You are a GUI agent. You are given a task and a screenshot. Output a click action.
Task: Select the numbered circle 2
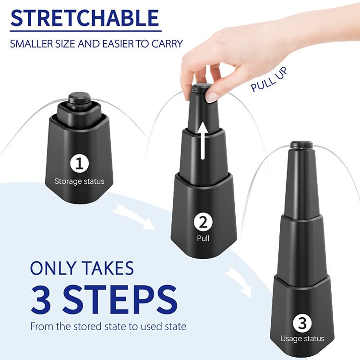[x=203, y=222]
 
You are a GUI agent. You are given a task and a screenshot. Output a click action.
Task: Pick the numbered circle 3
[x=302, y=323]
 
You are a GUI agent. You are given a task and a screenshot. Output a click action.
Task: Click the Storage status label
[x=79, y=181]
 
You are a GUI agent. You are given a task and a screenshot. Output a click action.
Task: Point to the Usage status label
[x=302, y=339]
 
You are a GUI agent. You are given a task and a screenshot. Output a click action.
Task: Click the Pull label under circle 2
[x=203, y=238]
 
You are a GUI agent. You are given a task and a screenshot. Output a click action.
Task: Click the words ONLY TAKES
[x=82, y=268]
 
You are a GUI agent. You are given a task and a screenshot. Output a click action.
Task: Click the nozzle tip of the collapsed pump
[x=79, y=98]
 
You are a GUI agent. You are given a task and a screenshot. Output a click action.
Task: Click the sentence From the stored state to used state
[x=108, y=326]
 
